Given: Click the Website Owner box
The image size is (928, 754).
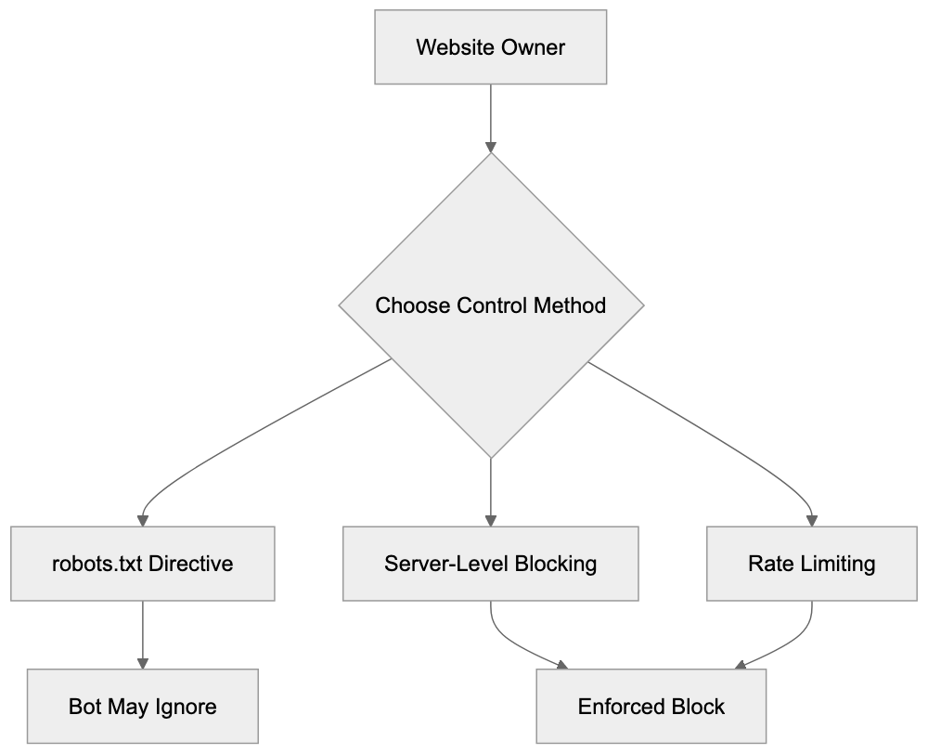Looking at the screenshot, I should pos(490,47).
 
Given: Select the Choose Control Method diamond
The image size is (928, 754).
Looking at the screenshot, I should pos(490,305).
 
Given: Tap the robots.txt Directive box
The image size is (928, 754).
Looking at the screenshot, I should pos(143,564).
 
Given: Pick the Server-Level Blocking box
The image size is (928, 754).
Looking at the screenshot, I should pos(490,564).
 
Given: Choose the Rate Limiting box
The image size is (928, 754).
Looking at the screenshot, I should pos(812,564).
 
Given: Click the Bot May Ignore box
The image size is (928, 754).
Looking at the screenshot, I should pos(143,707).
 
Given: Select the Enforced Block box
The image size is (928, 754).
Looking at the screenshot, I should pos(651,707).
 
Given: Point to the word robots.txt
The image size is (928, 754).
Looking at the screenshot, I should pos(87,564).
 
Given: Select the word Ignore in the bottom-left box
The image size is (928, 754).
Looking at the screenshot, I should pos(186,707).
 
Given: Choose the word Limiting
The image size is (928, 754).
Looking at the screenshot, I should pos(838,564).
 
